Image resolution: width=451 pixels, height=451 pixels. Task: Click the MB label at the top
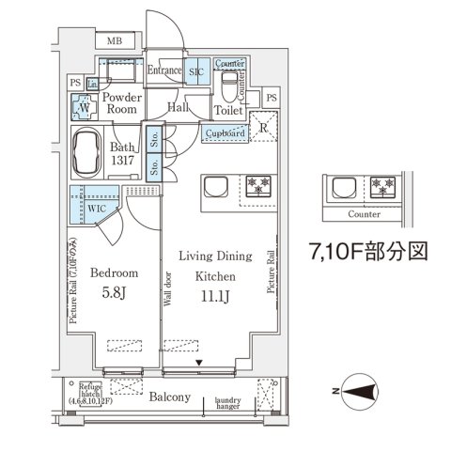pos(115,41)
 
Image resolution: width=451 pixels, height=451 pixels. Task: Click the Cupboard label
pos(225,134)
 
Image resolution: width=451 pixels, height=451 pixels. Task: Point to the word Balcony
pos(171,397)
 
